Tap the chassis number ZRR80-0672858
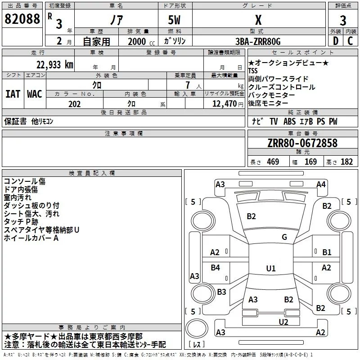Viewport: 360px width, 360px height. (x=302, y=144)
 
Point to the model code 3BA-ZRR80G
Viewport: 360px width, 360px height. (x=258, y=41)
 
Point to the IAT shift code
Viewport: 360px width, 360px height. (x=13, y=94)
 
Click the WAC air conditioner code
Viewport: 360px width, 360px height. (x=35, y=94)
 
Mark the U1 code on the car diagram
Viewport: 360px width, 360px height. (x=270, y=268)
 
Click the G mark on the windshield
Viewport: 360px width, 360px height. (x=284, y=237)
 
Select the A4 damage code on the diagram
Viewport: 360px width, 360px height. (x=321, y=184)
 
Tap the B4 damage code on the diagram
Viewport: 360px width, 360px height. (x=216, y=268)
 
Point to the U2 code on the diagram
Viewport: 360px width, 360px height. (x=283, y=322)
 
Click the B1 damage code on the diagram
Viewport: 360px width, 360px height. (x=327, y=252)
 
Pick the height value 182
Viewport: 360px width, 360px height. (x=347, y=162)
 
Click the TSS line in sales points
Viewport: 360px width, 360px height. (x=253, y=71)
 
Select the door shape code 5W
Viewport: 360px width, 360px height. (x=175, y=19)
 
